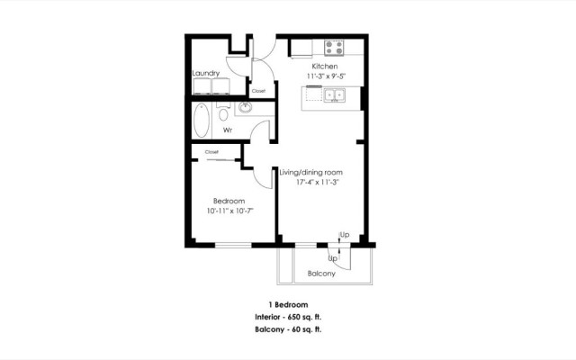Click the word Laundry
tap(206, 73)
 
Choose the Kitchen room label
tap(324, 67)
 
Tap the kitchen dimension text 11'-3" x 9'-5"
tap(324, 76)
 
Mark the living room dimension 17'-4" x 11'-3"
tap(317, 182)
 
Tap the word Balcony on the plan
tap(321, 273)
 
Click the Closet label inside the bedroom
tap(211, 152)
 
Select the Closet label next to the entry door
tap(258, 91)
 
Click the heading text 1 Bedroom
tap(287, 305)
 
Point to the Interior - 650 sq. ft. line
tap(288, 318)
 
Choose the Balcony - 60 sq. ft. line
tap(288, 330)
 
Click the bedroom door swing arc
tap(265, 176)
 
